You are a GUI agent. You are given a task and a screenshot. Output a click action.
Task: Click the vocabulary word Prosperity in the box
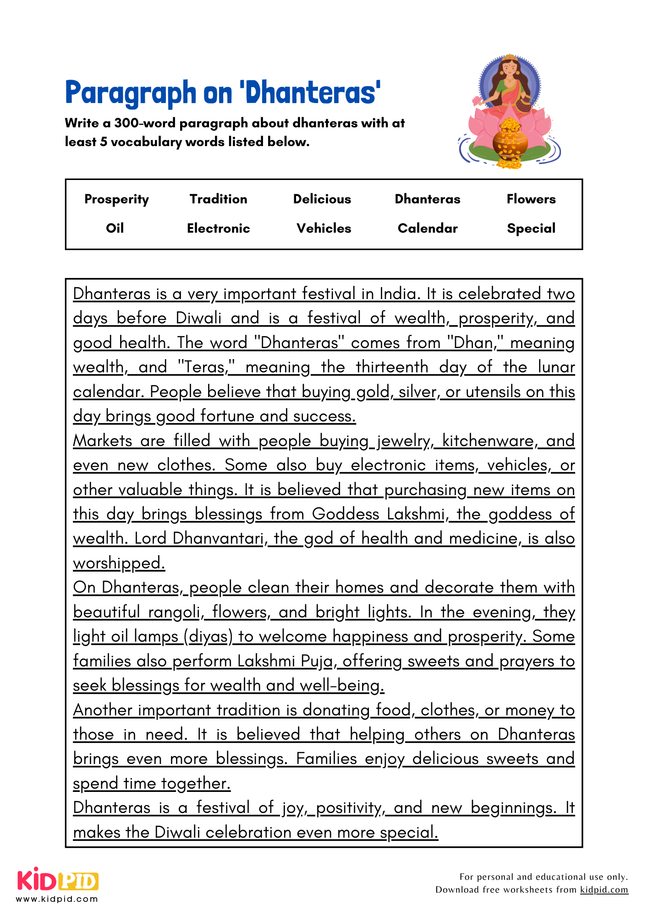coord(116,199)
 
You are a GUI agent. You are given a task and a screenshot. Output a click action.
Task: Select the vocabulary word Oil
coord(115,228)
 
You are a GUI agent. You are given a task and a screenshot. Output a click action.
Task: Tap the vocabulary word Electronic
coord(218,228)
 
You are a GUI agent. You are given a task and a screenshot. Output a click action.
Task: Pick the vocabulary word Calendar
coord(428,228)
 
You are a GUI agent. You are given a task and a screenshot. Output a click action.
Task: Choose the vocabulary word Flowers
coord(531,199)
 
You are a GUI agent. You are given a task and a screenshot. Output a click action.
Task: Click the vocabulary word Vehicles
coord(324,228)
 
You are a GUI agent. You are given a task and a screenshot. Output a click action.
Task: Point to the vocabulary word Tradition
coord(218,199)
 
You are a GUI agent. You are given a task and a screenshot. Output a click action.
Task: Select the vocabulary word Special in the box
coord(531,228)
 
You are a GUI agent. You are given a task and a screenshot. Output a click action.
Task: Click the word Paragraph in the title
coord(131,93)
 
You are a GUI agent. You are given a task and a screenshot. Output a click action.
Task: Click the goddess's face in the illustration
coord(509,69)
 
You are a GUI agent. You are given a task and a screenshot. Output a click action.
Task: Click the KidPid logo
coord(58,880)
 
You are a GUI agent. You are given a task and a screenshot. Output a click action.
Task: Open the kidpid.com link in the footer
coord(604,889)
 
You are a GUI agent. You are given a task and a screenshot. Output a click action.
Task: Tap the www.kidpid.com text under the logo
coord(57,899)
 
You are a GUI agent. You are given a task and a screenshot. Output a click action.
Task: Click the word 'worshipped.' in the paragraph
coord(119,563)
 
